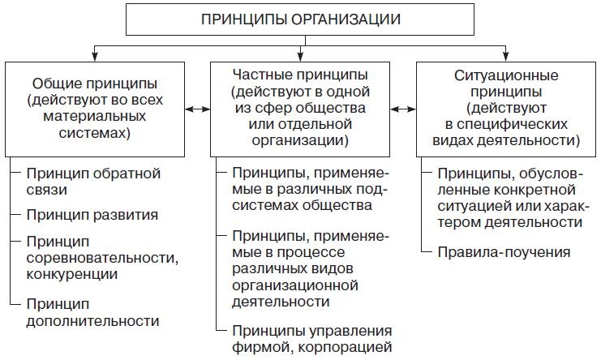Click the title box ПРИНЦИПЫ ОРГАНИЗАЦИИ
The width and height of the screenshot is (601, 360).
[x=300, y=19]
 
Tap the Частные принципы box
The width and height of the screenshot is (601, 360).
[x=301, y=107]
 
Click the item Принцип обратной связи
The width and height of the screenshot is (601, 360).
[x=93, y=182]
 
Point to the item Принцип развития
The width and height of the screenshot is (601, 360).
[x=92, y=216]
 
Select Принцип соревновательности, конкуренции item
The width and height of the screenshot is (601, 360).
[x=101, y=258]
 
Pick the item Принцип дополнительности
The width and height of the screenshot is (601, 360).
[x=92, y=311]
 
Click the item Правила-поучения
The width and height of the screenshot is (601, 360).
[x=504, y=252]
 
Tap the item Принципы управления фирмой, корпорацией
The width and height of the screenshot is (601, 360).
[x=312, y=339]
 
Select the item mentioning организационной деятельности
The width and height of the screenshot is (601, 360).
[x=312, y=268]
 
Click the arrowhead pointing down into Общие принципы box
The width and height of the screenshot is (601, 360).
[x=96, y=58]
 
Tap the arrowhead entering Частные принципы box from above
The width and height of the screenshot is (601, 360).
[x=301, y=58]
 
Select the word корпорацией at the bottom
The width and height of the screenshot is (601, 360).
[x=353, y=348]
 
